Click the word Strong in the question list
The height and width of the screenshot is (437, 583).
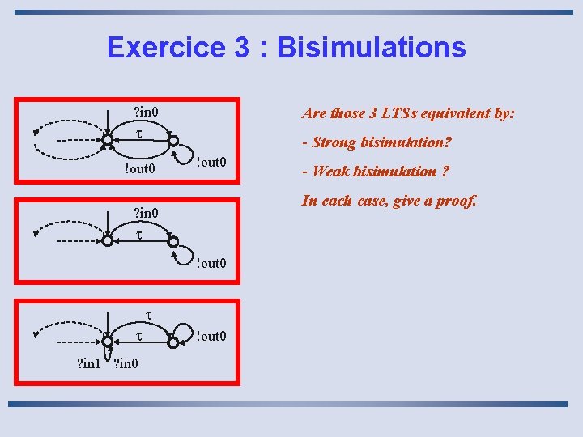click(x=335, y=142)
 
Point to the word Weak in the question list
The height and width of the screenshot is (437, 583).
click(x=330, y=171)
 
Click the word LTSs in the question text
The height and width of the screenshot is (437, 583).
click(x=394, y=113)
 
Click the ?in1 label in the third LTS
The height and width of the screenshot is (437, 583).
click(x=89, y=363)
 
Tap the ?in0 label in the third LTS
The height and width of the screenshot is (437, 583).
click(x=126, y=363)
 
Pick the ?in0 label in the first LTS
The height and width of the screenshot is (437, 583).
click(x=145, y=111)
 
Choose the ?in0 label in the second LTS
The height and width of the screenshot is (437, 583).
click(x=145, y=213)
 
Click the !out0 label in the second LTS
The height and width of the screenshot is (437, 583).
click(x=211, y=262)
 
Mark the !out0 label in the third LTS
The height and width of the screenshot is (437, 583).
click(x=211, y=336)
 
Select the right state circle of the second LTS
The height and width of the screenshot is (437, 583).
click(x=173, y=240)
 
